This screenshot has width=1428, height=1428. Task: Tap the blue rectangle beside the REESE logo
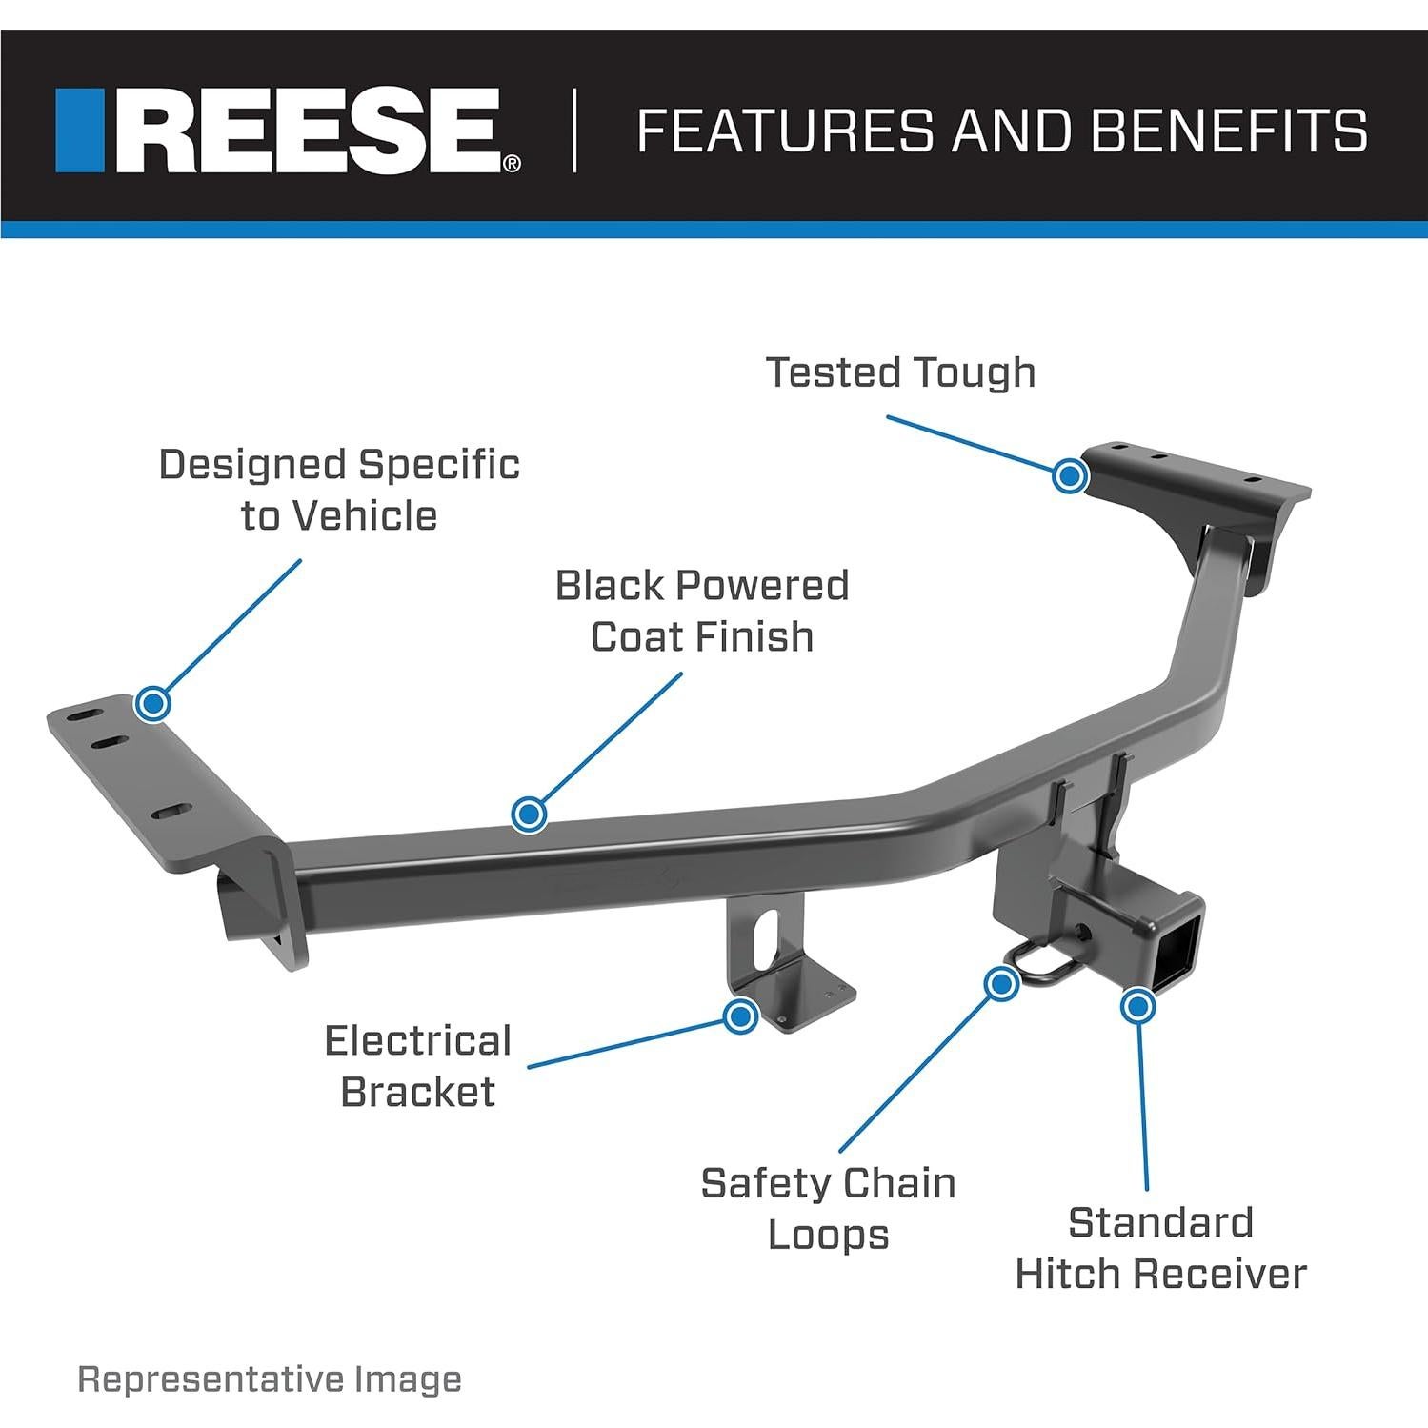click(x=79, y=131)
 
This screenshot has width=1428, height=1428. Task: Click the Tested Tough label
click(x=900, y=372)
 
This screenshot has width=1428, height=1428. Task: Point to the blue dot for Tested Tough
click(x=1070, y=474)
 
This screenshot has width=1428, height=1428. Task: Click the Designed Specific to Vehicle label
click(x=339, y=490)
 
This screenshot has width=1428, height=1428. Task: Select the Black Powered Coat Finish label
click(x=702, y=611)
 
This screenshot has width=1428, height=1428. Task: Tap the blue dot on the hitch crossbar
click(x=529, y=814)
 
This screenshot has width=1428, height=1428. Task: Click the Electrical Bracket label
click(x=418, y=1066)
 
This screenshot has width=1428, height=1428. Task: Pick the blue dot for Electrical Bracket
click(x=739, y=1016)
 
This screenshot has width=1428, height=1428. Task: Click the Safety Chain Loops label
click(x=828, y=1209)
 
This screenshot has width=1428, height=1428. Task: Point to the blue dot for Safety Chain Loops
click(x=1000, y=983)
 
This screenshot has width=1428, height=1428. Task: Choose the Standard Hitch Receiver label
click(x=1160, y=1248)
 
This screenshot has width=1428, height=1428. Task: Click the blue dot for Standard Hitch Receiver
click(x=1137, y=1006)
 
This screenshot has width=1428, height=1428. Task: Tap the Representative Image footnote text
click(x=270, y=1379)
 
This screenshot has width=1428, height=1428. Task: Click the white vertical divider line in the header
click(x=574, y=131)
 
